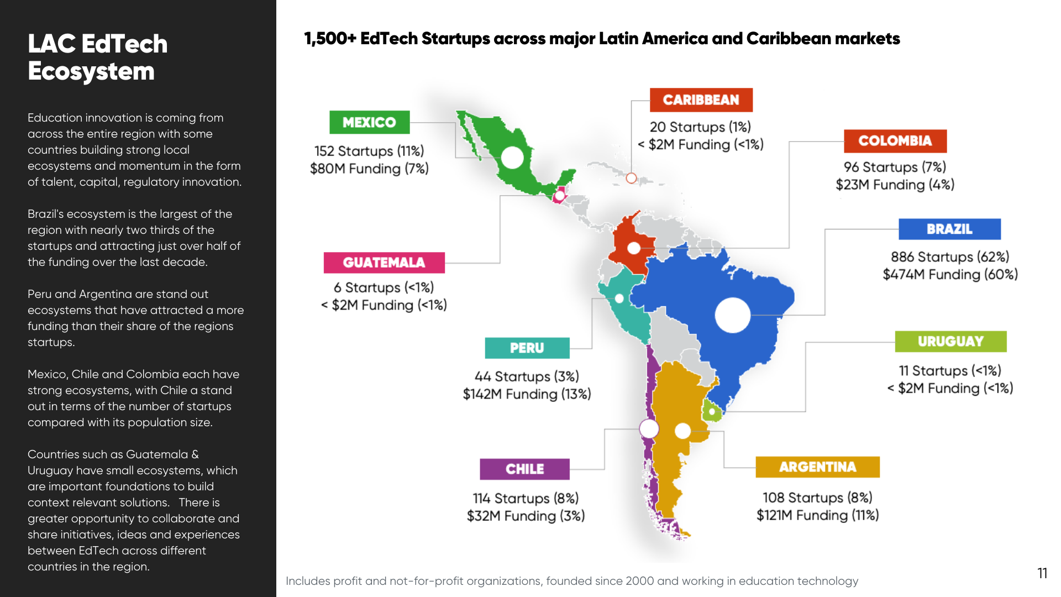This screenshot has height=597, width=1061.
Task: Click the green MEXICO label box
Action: pyautogui.click(x=369, y=122)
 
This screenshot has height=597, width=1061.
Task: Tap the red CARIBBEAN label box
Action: pyautogui.click(x=701, y=100)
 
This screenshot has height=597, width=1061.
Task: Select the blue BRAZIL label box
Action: pyautogui.click(x=949, y=229)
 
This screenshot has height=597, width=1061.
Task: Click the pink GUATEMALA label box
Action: pyautogui.click(x=384, y=263)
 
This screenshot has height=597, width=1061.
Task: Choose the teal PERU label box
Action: pyautogui.click(x=527, y=348)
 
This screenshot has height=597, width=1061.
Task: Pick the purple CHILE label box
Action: pyautogui.click(x=524, y=469)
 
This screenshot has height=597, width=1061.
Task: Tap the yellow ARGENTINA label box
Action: pyautogui.click(x=817, y=467)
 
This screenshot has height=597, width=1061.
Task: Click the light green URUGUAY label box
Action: pyautogui.click(x=950, y=342)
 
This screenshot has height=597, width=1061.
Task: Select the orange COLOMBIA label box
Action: pyautogui.click(x=895, y=141)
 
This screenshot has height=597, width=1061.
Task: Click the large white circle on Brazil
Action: pyautogui.click(x=732, y=315)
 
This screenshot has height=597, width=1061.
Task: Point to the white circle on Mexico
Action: pyautogui.click(x=512, y=158)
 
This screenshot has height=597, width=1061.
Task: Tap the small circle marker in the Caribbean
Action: pyautogui.click(x=631, y=178)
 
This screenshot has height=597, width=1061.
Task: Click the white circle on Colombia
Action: pyautogui.click(x=634, y=248)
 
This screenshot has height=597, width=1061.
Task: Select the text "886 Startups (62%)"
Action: pyautogui.click(x=949, y=256)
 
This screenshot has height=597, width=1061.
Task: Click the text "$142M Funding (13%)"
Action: pyautogui.click(x=527, y=394)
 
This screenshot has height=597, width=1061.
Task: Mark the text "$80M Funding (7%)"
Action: pyautogui.click(x=369, y=169)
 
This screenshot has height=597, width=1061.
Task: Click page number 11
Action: pyautogui.click(x=1042, y=573)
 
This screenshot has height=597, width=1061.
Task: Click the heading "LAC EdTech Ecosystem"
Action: pyautogui.click(x=97, y=57)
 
